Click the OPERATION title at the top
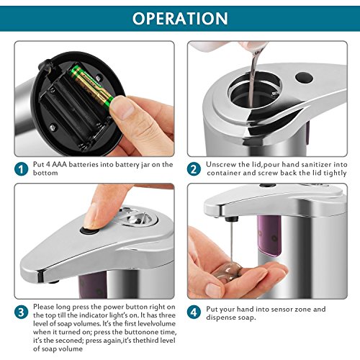[180, 19]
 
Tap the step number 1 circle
[21, 169]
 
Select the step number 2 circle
[194, 169]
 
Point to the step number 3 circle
[21, 312]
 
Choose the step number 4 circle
[194, 312]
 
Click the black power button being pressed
[89, 231]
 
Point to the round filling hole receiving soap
[255, 89]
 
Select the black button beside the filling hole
[304, 78]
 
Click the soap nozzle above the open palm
[232, 219]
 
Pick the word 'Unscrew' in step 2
[221, 165]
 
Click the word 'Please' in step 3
[43, 307]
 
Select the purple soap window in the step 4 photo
[269, 235]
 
